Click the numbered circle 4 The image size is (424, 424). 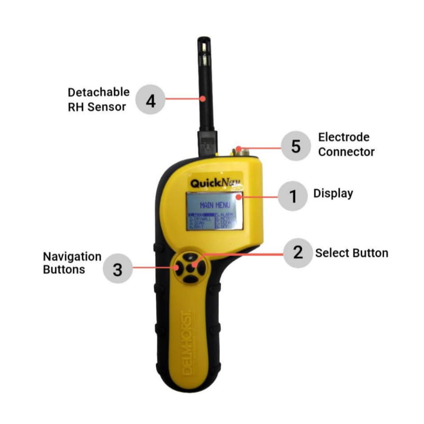coord(151,100)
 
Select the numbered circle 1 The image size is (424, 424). coord(291,197)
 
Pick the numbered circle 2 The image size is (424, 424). coord(298,252)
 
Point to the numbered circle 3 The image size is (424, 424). coord(118,269)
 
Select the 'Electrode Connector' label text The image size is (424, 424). coord(346,145)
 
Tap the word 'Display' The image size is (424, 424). coord(333,193)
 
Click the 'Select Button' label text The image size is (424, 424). coord(351,253)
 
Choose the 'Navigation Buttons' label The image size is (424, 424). coord(72,262)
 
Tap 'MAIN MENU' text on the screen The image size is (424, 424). coord(214,204)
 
